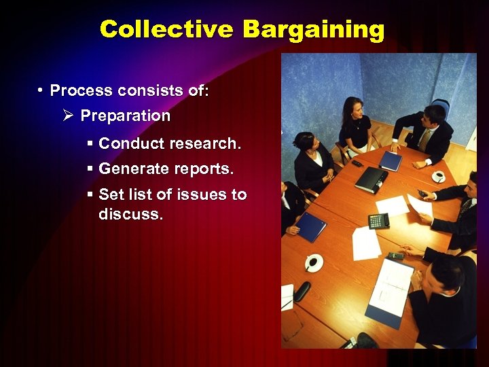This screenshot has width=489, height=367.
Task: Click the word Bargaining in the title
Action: point(313,30)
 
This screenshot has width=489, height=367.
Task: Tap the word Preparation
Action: point(126,116)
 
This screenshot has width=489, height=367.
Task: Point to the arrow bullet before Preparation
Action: point(67,116)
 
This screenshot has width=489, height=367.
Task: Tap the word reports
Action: point(204,169)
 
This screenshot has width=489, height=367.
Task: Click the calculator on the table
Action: point(378,221)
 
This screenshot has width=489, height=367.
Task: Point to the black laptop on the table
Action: point(372,179)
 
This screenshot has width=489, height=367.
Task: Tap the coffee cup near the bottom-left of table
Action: point(313,262)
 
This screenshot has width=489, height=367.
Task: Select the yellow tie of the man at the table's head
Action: point(424,139)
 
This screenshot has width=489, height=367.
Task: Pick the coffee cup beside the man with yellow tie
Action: point(438,177)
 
